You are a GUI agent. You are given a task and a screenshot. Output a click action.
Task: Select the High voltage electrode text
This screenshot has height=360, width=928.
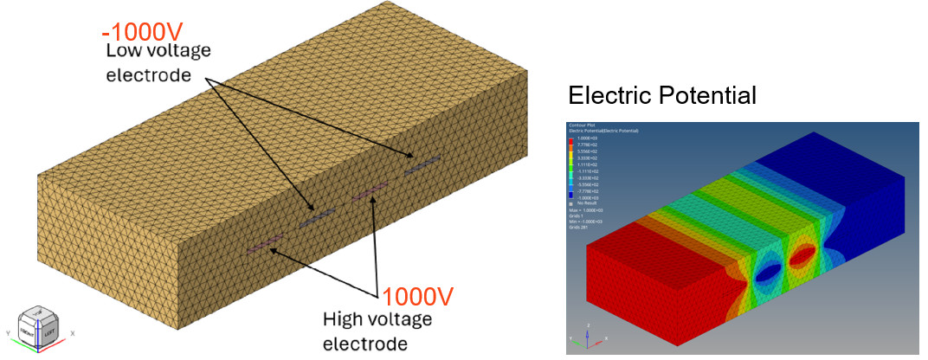coord(377,331)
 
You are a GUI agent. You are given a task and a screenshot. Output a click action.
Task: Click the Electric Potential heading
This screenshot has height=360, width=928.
coord(662,95)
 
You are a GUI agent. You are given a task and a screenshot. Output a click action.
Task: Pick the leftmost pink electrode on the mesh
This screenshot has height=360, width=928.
coord(265,244)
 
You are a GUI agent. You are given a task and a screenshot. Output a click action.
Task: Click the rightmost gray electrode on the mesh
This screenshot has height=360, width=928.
coord(423,165)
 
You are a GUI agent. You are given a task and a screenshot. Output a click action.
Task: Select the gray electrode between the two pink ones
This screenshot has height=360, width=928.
coord(317,218)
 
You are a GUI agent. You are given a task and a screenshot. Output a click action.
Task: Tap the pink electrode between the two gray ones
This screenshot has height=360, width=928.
coord(370,192)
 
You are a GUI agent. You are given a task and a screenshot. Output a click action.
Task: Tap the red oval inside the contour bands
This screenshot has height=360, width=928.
coord(803,256)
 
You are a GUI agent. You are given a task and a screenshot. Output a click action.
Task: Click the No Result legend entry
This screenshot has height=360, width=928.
coord(588,203)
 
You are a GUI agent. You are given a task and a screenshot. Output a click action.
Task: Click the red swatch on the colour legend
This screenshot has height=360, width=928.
coord(571,141)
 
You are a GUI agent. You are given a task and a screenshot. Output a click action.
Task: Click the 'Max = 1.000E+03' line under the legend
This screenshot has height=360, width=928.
coord(590,209)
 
